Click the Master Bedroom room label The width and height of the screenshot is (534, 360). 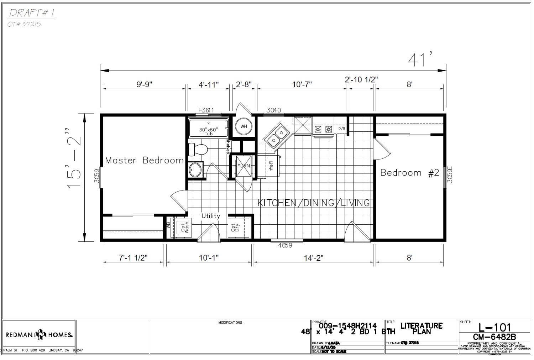point(144,160)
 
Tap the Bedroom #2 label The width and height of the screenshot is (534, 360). point(410,173)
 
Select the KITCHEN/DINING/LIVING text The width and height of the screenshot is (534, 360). point(313,203)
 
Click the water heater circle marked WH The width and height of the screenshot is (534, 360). point(244,126)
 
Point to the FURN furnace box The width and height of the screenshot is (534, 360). point(244,166)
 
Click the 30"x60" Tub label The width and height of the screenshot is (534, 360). point(209,131)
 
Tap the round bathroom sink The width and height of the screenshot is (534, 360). point(195,170)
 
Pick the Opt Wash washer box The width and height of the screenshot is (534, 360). point(184,227)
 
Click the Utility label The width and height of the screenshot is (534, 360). point(211,216)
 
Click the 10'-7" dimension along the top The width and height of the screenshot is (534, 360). point(302,84)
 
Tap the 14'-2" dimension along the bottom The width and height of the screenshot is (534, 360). point(313,258)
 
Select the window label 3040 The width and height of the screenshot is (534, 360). point(273,110)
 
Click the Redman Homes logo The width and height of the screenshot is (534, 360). point(39,335)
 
